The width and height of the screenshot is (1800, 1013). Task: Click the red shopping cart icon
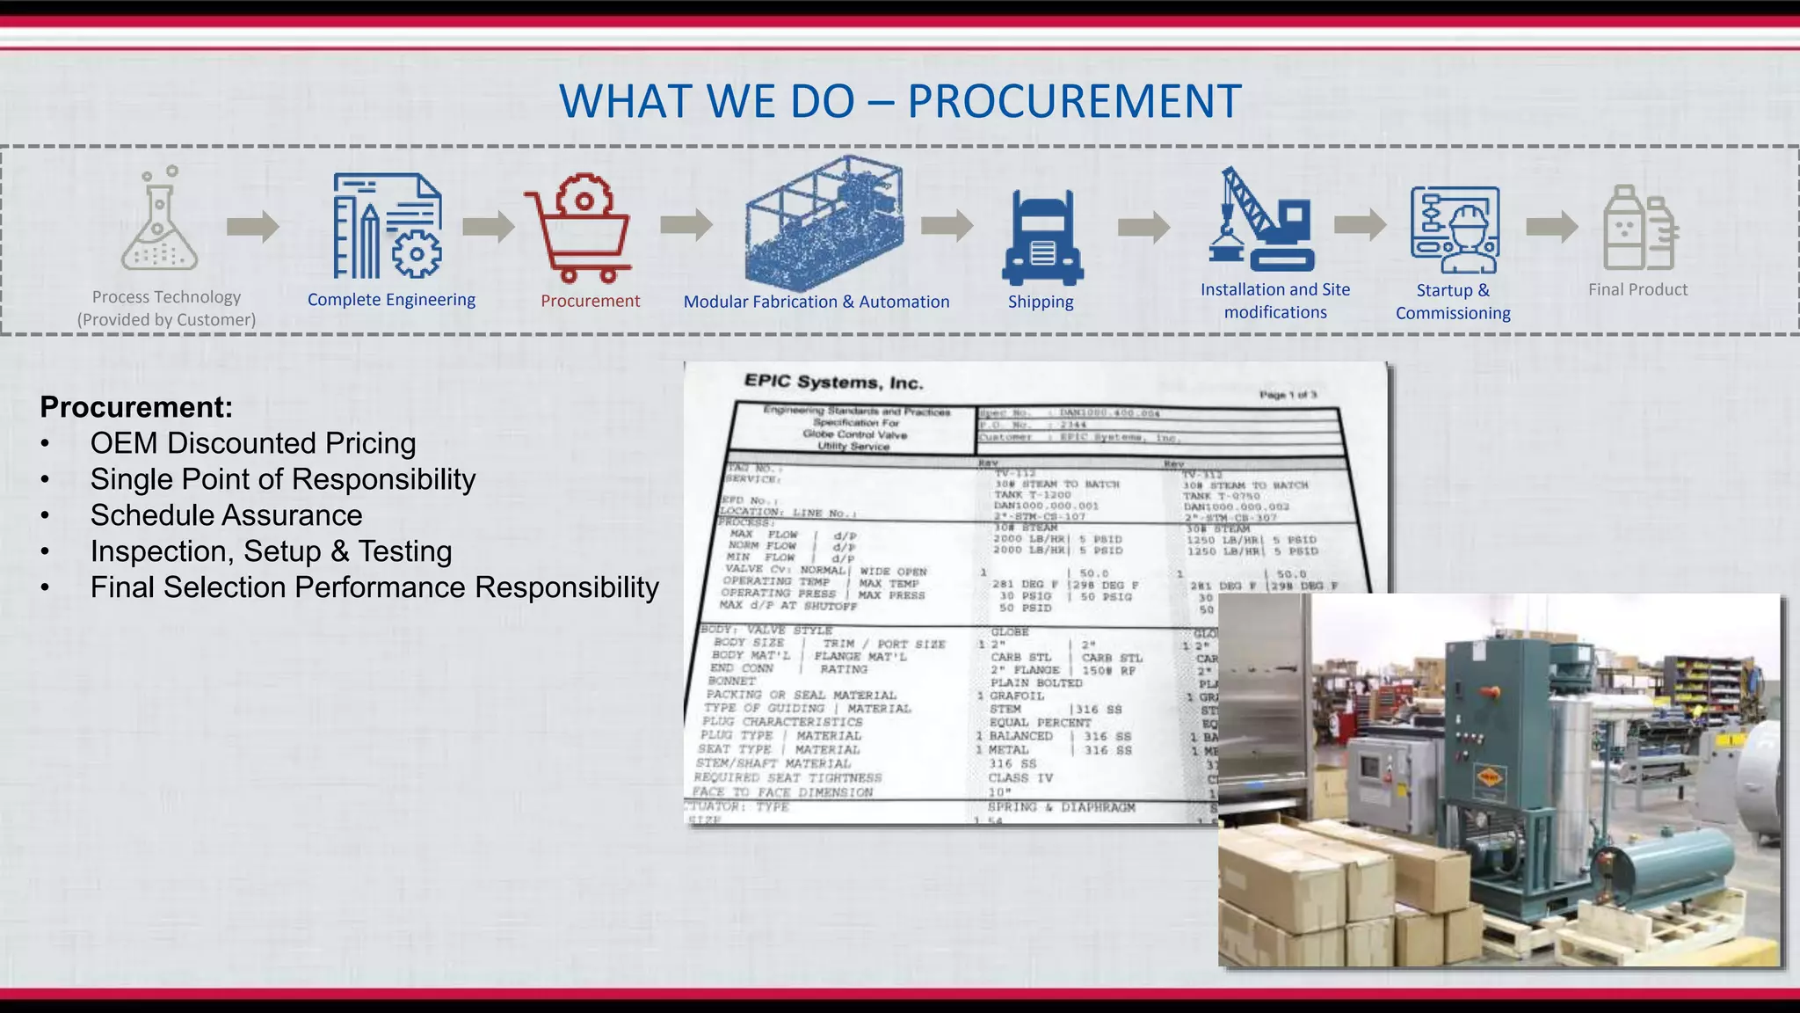click(x=580, y=229)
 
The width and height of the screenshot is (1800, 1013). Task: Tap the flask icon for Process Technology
click(x=158, y=222)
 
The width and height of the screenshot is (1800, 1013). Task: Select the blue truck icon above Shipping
click(x=1042, y=238)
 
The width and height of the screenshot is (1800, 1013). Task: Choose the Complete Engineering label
click(x=391, y=300)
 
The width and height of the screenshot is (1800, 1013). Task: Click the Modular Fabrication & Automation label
click(x=817, y=302)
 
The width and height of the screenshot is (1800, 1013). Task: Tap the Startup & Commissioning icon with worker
click(x=1455, y=230)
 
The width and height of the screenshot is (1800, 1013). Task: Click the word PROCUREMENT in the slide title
click(x=1074, y=101)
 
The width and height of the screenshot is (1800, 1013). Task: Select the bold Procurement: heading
click(x=136, y=407)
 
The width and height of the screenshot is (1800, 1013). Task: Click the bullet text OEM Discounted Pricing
click(x=253, y=443)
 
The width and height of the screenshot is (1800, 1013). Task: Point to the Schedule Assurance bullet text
click(x=226, y=515)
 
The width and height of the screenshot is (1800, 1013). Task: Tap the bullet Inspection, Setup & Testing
click(x=271, y=551)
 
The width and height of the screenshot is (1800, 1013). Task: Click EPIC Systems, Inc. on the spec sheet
click(x=833, y=382)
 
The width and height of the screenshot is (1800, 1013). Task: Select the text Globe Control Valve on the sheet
click(x=854, y=434)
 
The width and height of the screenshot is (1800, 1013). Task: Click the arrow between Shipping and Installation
click(x=1143, y=228)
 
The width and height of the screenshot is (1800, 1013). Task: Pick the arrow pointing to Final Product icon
click(x=1551, y=227)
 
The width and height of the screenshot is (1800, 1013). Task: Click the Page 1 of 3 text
click(x=1288, y=395)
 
